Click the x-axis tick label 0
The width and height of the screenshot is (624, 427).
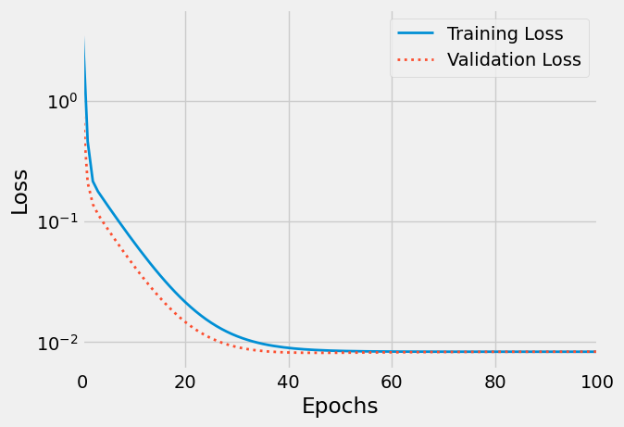click(x=82, y=381)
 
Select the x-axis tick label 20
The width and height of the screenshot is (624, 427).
click(x=185, y=381)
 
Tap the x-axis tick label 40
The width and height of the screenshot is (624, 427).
click(x=289, y=381)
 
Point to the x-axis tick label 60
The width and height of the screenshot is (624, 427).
click(x=392, y=381)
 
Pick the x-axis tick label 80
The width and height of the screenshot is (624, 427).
click(x=495, y=381)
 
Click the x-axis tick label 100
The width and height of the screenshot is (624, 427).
click(x=596, y=381)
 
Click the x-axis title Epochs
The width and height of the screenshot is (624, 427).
click(x=340, y=406)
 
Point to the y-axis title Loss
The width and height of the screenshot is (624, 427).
click(x=20, y=192)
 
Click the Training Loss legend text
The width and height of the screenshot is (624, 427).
click(x=505, y=34)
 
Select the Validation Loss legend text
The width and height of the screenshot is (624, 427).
click(x=514, y=60)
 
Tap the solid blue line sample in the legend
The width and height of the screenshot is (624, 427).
click(x=417, y=34)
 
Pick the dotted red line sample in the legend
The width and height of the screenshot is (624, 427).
click(x=417, y=60)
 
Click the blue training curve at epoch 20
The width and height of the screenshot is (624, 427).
click(x=185, y=303)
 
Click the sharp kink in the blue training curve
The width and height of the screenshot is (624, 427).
click(x=93, y=181)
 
